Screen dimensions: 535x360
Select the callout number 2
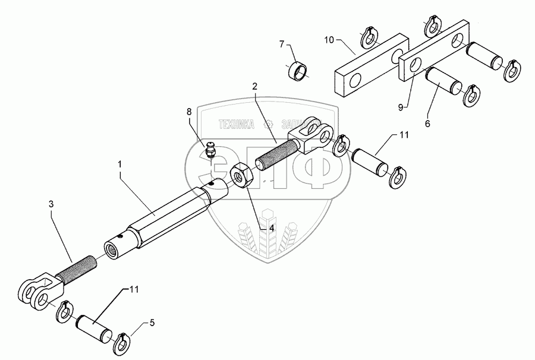[254, 86]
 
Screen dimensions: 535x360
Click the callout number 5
[152, 324]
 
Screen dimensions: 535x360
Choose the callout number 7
[283, 43]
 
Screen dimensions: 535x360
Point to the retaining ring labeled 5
[122, 337]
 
